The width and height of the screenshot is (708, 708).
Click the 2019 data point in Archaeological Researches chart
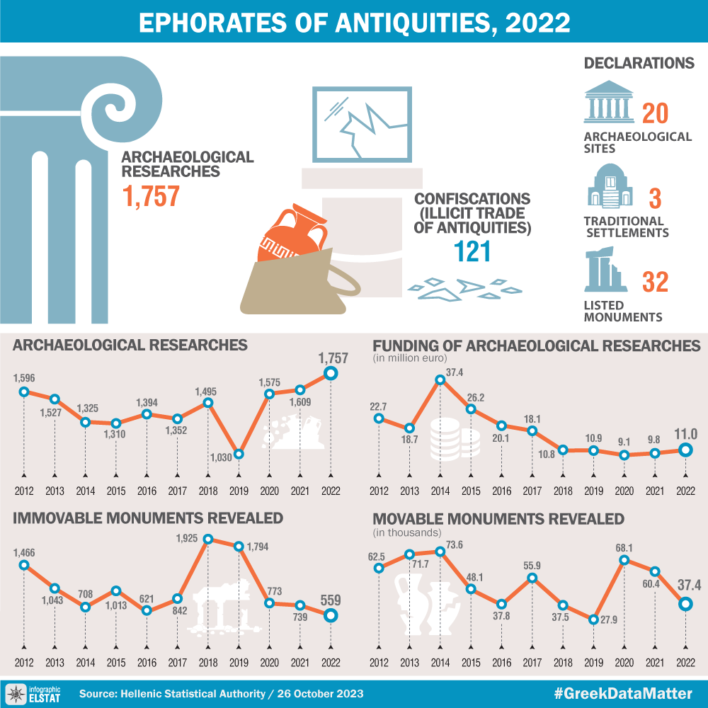(x=239, y=454)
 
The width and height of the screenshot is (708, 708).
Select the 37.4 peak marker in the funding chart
(x=440, y=379)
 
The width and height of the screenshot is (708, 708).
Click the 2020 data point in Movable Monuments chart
(x=624, y=560)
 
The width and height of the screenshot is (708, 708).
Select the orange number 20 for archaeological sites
(x=656, y=113)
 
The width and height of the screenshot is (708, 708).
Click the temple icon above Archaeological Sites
(x=608, y=103)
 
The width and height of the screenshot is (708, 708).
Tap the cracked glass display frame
(x=362, y=125)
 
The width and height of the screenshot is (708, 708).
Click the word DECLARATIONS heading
(x=639, y=63)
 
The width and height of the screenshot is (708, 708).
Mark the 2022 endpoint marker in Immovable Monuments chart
(x=331, y=615)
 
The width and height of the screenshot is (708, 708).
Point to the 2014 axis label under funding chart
(x=440, y=491)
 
